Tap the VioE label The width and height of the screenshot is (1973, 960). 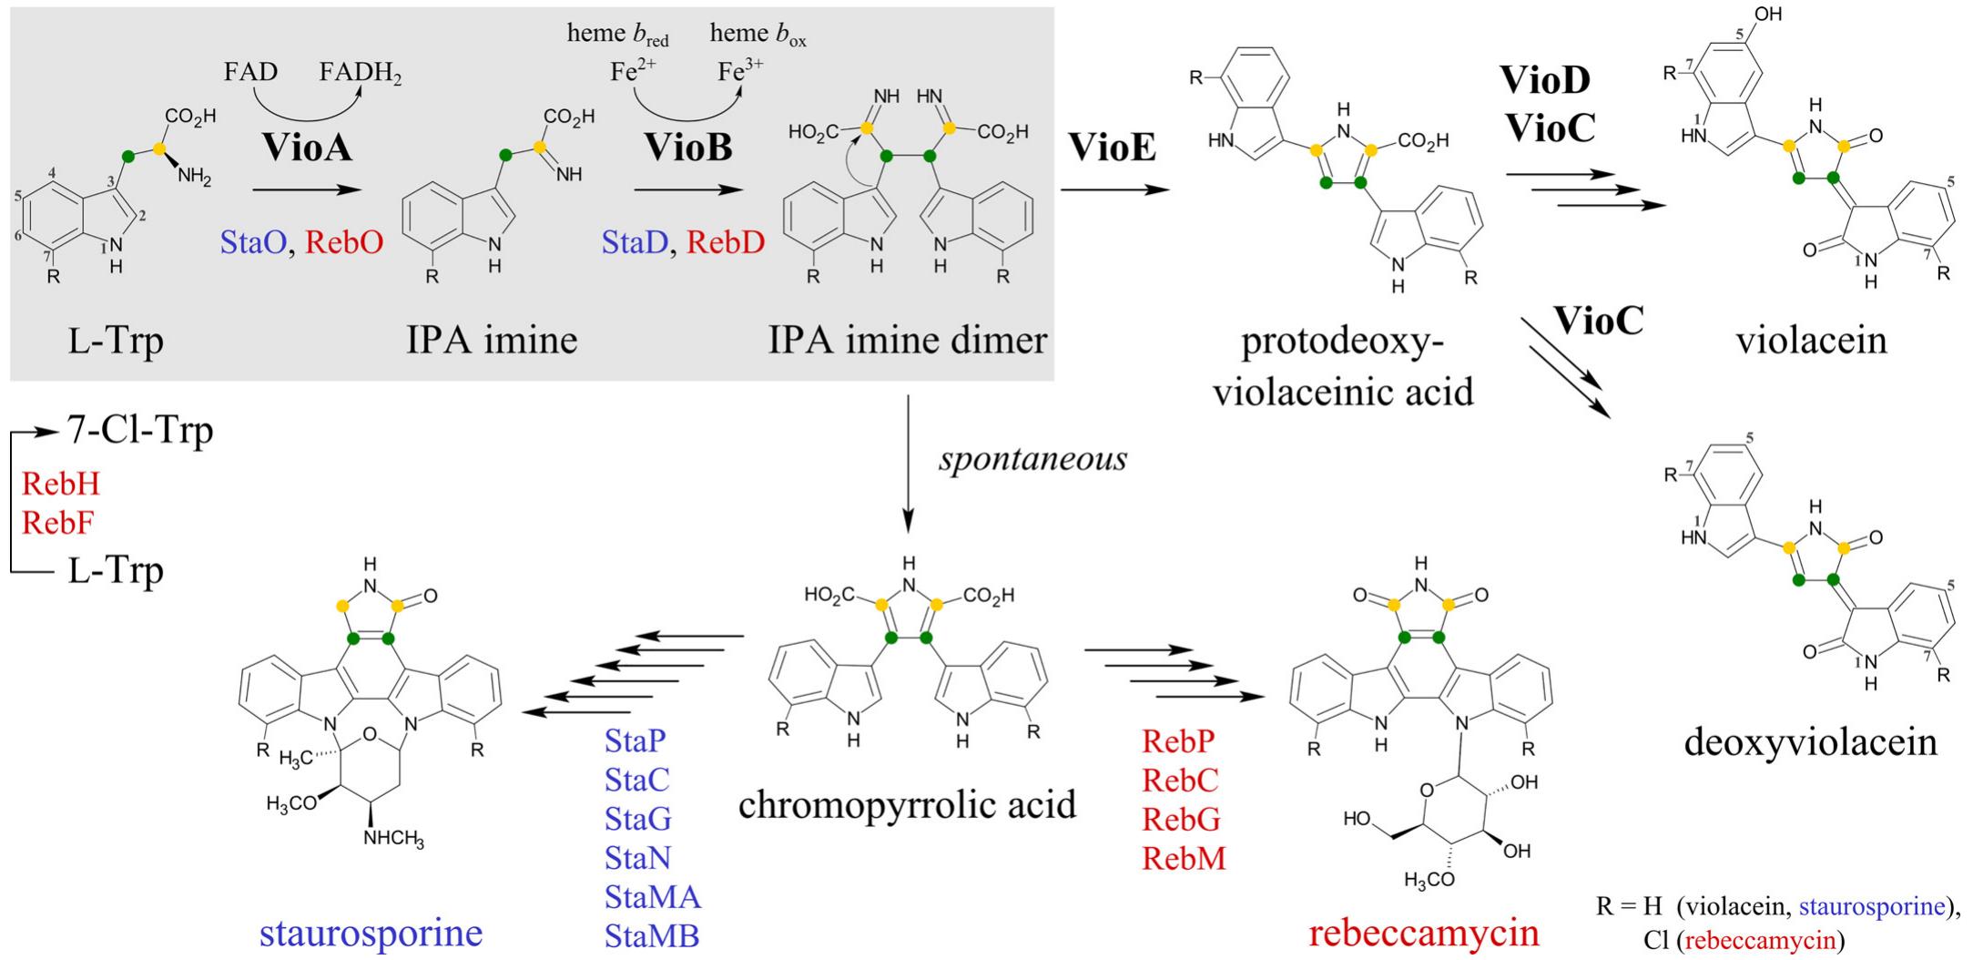tap(1112, 146)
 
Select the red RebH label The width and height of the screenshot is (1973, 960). tap(60, 484)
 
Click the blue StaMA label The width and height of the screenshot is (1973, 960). tap(652, 897)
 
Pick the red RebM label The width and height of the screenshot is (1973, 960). tap(1184, 858)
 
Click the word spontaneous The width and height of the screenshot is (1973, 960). tap(1032, 458)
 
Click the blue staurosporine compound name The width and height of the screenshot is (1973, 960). tap(371, 933)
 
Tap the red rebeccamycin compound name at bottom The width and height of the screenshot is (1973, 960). tap(1424, 933)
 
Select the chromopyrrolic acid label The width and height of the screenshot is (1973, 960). tap(907, 804)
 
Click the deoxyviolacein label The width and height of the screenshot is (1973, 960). tap(1810, 741)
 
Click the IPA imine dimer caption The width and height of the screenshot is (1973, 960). tap(907, 340)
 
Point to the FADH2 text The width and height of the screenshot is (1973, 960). tap(361, 73)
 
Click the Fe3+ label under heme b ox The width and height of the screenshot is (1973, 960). tap(740, 71)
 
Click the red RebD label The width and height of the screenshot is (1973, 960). tap(725, 242)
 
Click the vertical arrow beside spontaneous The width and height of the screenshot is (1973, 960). tap(908, 465)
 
